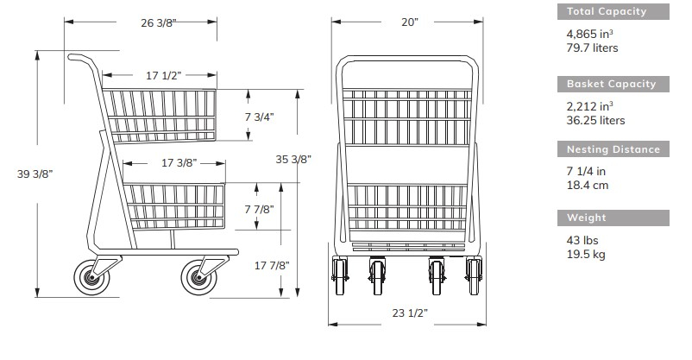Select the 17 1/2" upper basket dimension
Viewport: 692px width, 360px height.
point(163,76)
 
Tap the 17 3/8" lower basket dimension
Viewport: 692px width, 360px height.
point(179,163)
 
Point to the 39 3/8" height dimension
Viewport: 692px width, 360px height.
point(35,174)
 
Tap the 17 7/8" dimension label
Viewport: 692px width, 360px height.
point(272,266)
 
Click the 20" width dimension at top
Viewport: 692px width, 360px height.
point(409,23)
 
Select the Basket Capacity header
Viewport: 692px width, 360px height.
point(612,84)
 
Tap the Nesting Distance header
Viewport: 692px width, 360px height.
point(613,149)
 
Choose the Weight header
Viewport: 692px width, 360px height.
point(588,218)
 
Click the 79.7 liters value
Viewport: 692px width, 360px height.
point(592,48)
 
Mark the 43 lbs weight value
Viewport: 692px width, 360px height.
point(582,240)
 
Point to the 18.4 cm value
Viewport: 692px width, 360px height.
point(587,185)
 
